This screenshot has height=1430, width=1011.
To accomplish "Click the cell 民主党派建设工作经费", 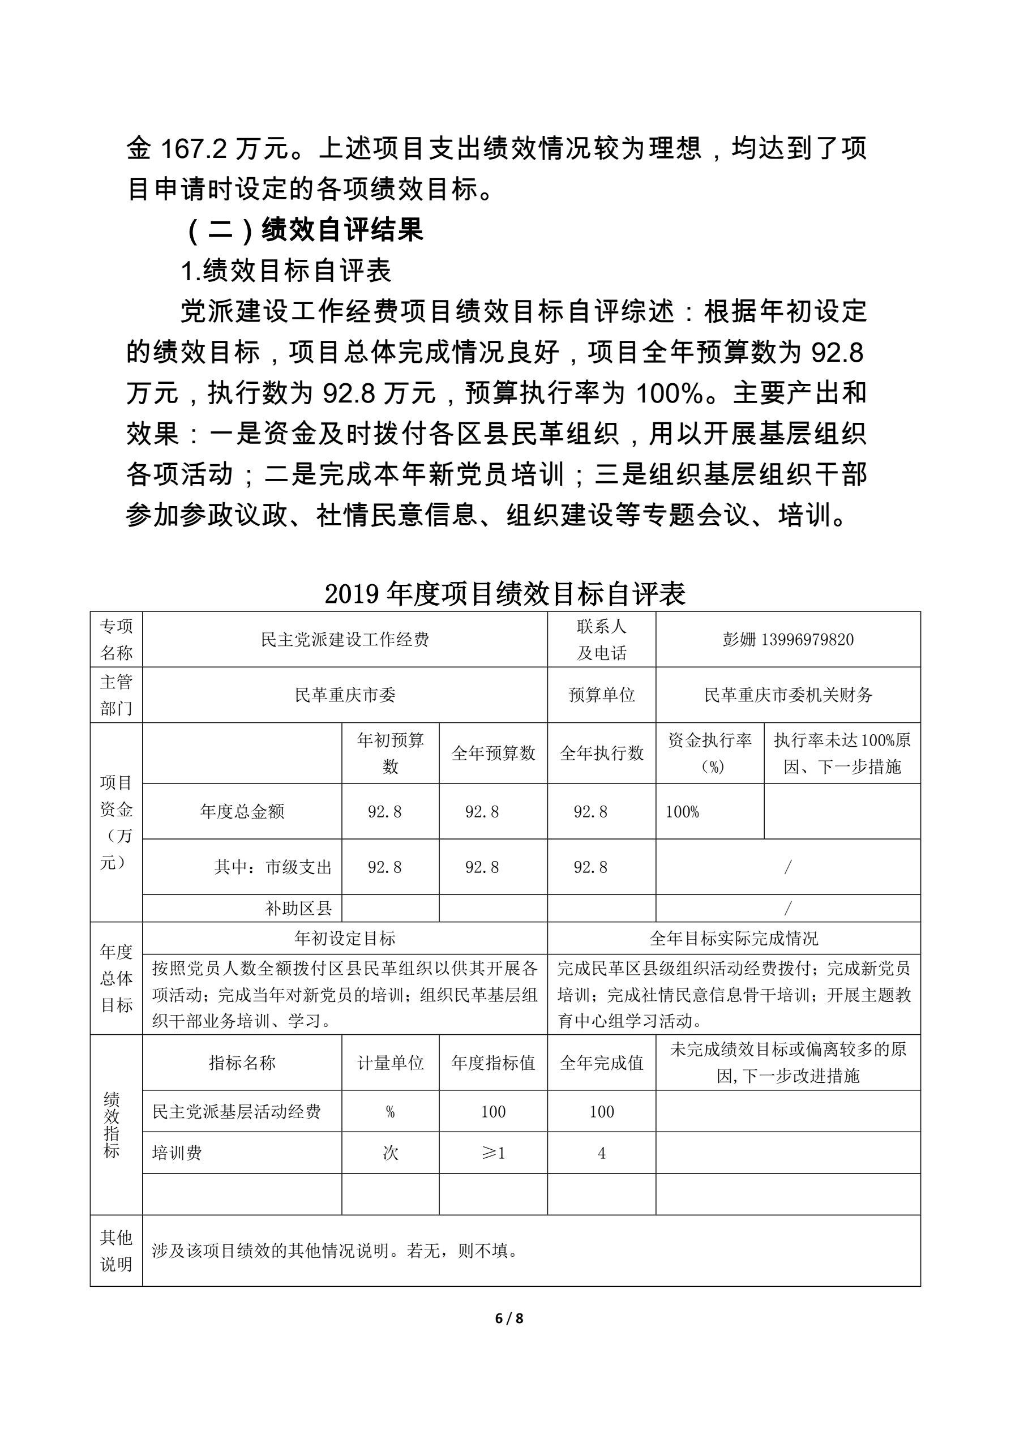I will [345, 640].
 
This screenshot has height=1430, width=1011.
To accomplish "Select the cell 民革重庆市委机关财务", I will [788, 695].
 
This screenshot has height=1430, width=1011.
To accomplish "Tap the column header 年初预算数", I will [391, 753].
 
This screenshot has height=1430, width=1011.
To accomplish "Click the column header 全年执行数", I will [601, 753].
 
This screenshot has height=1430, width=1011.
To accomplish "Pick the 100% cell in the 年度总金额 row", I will [683, 812].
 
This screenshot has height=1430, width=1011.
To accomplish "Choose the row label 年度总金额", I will [242, 812].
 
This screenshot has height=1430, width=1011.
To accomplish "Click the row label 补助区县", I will [299, 909].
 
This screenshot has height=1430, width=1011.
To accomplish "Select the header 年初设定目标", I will [345, 939].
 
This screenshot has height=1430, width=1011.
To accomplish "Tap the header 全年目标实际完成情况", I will [734, 939].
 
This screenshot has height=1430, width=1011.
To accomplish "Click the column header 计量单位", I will [391, 1063].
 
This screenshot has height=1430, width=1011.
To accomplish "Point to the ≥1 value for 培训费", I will [492, 1154].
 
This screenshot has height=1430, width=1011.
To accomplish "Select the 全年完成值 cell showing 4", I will [602, 1154].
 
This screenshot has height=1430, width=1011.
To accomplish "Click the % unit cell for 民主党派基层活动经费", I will [391, 1112].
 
